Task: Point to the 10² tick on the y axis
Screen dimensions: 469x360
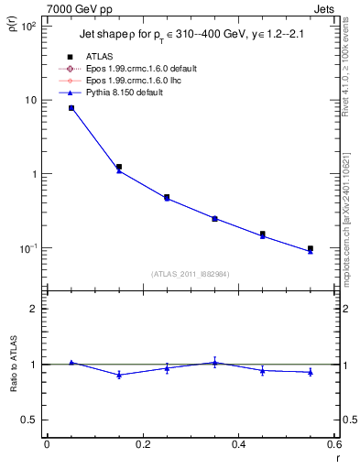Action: point(29,27)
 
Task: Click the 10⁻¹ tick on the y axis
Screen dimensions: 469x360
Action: point(28,248)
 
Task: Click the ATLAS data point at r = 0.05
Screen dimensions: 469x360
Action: point(71,108)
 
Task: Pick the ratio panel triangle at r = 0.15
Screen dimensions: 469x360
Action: point(119,375)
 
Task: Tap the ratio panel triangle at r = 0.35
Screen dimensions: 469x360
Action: point(214,363)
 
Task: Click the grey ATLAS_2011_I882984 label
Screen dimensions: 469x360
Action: point(191,275)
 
